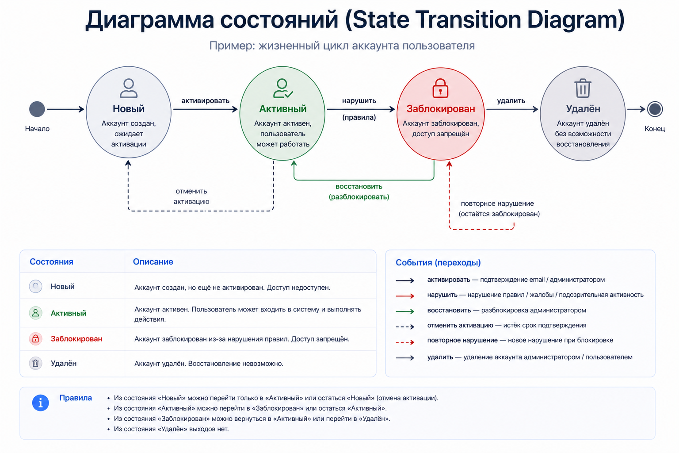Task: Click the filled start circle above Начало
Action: pyautogui.click(x=37, y=109)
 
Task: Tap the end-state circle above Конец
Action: pyautogui.click(x=655, y=109)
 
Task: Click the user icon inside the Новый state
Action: pyautogui.click(x=129, y=88)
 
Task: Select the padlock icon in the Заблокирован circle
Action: pyautogui.click(x=440, y=88)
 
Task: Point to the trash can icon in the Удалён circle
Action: pyautogui.click(x=583, y=88)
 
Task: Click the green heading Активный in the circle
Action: pyautogui.click(x=283, y=109)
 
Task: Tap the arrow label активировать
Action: pyautogui.click(x=205, y=101)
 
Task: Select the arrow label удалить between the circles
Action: pyautogui.click(x=511, y=101)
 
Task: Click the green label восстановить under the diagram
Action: pyautogui.click(x=359, y=187)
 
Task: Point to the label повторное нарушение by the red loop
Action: pyautogui.click(x=497, y=203)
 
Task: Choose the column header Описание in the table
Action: pyautogui.click(x=153, y=262)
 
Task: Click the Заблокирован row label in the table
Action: pyautogui.click(x=76, y=339)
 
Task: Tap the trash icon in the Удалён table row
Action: pyautogui.click(x=35, y=364)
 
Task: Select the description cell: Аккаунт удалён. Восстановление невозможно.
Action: pyautogui.click(x=209, y=364)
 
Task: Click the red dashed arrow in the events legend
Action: pyautogui.click(x=404, y=342)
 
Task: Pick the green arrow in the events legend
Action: pyautogui.click(x=404, y=311)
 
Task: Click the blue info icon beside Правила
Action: pyautogui.click(x=41, y=403)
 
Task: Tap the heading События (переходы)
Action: pyautogui.click(x=438, y=263)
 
